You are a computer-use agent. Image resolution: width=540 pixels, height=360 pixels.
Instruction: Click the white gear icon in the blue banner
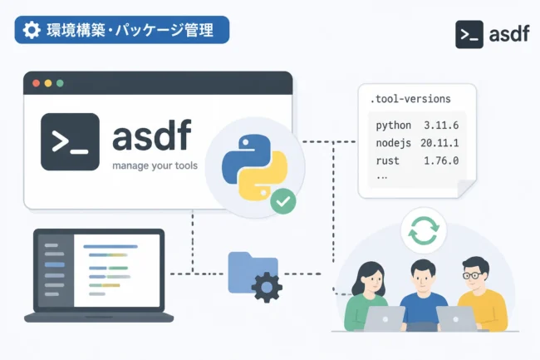pyautogui.click(x=32, y=30)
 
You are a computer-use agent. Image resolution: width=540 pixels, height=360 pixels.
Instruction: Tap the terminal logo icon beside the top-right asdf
pyautogui.click(x=469, y=34)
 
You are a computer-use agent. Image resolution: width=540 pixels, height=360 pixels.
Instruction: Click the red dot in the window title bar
pyautogui.click(x=37, y=83)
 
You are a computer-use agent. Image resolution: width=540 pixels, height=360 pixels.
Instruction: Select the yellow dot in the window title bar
pyautogui.click(x=48, y=83)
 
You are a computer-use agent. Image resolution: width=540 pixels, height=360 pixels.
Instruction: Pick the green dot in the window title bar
pyautogui.click(x=60, y=83)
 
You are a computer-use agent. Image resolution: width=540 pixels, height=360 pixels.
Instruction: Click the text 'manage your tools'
pyautogui.click(x=155, y=165)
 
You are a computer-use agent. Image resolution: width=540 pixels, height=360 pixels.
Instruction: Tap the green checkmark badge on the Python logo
pyautogui.click(x=283, y=201)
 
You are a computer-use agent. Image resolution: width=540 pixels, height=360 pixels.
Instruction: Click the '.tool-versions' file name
pyautogui.click(x=410, y=99)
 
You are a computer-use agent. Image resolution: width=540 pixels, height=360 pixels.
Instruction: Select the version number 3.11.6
pyautogui.click(x=441, y=126)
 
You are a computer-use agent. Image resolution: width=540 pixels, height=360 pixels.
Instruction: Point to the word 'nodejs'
pyautogui.click(x=393, y=143)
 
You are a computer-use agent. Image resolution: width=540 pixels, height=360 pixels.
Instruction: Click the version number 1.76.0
pyautogui.click(x=441, y=161)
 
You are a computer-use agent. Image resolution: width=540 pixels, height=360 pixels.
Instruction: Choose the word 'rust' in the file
pyautogui.click(x=387, y=161)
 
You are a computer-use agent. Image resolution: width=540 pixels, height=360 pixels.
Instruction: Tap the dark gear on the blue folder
pyautogui.click(x=267, y=287)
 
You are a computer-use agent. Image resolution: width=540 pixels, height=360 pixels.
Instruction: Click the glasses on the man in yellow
pyautogui.click(x=473, y=275)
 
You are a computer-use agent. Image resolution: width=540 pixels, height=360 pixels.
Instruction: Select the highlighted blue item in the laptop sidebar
pyautogui.click(x=55, y=265)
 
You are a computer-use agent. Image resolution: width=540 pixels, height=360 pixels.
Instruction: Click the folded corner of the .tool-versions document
pyautogui.click(x=467, y=189)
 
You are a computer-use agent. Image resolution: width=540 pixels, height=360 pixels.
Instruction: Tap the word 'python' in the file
pyautogui.click(x=393, y=126)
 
